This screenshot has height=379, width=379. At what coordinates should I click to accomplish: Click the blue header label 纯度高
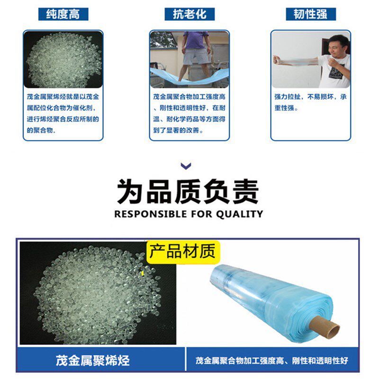[x=63, y=14]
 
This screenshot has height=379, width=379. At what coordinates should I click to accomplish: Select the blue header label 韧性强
[x=310, y=14]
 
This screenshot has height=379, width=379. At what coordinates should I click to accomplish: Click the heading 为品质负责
[x=188, y=191]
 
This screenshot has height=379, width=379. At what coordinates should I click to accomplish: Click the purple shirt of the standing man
[x=196, y=40]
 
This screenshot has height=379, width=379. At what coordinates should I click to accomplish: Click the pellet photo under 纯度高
[x=63, y=59]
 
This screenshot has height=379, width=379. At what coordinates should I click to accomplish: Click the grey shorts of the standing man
[x=196, y=56]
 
